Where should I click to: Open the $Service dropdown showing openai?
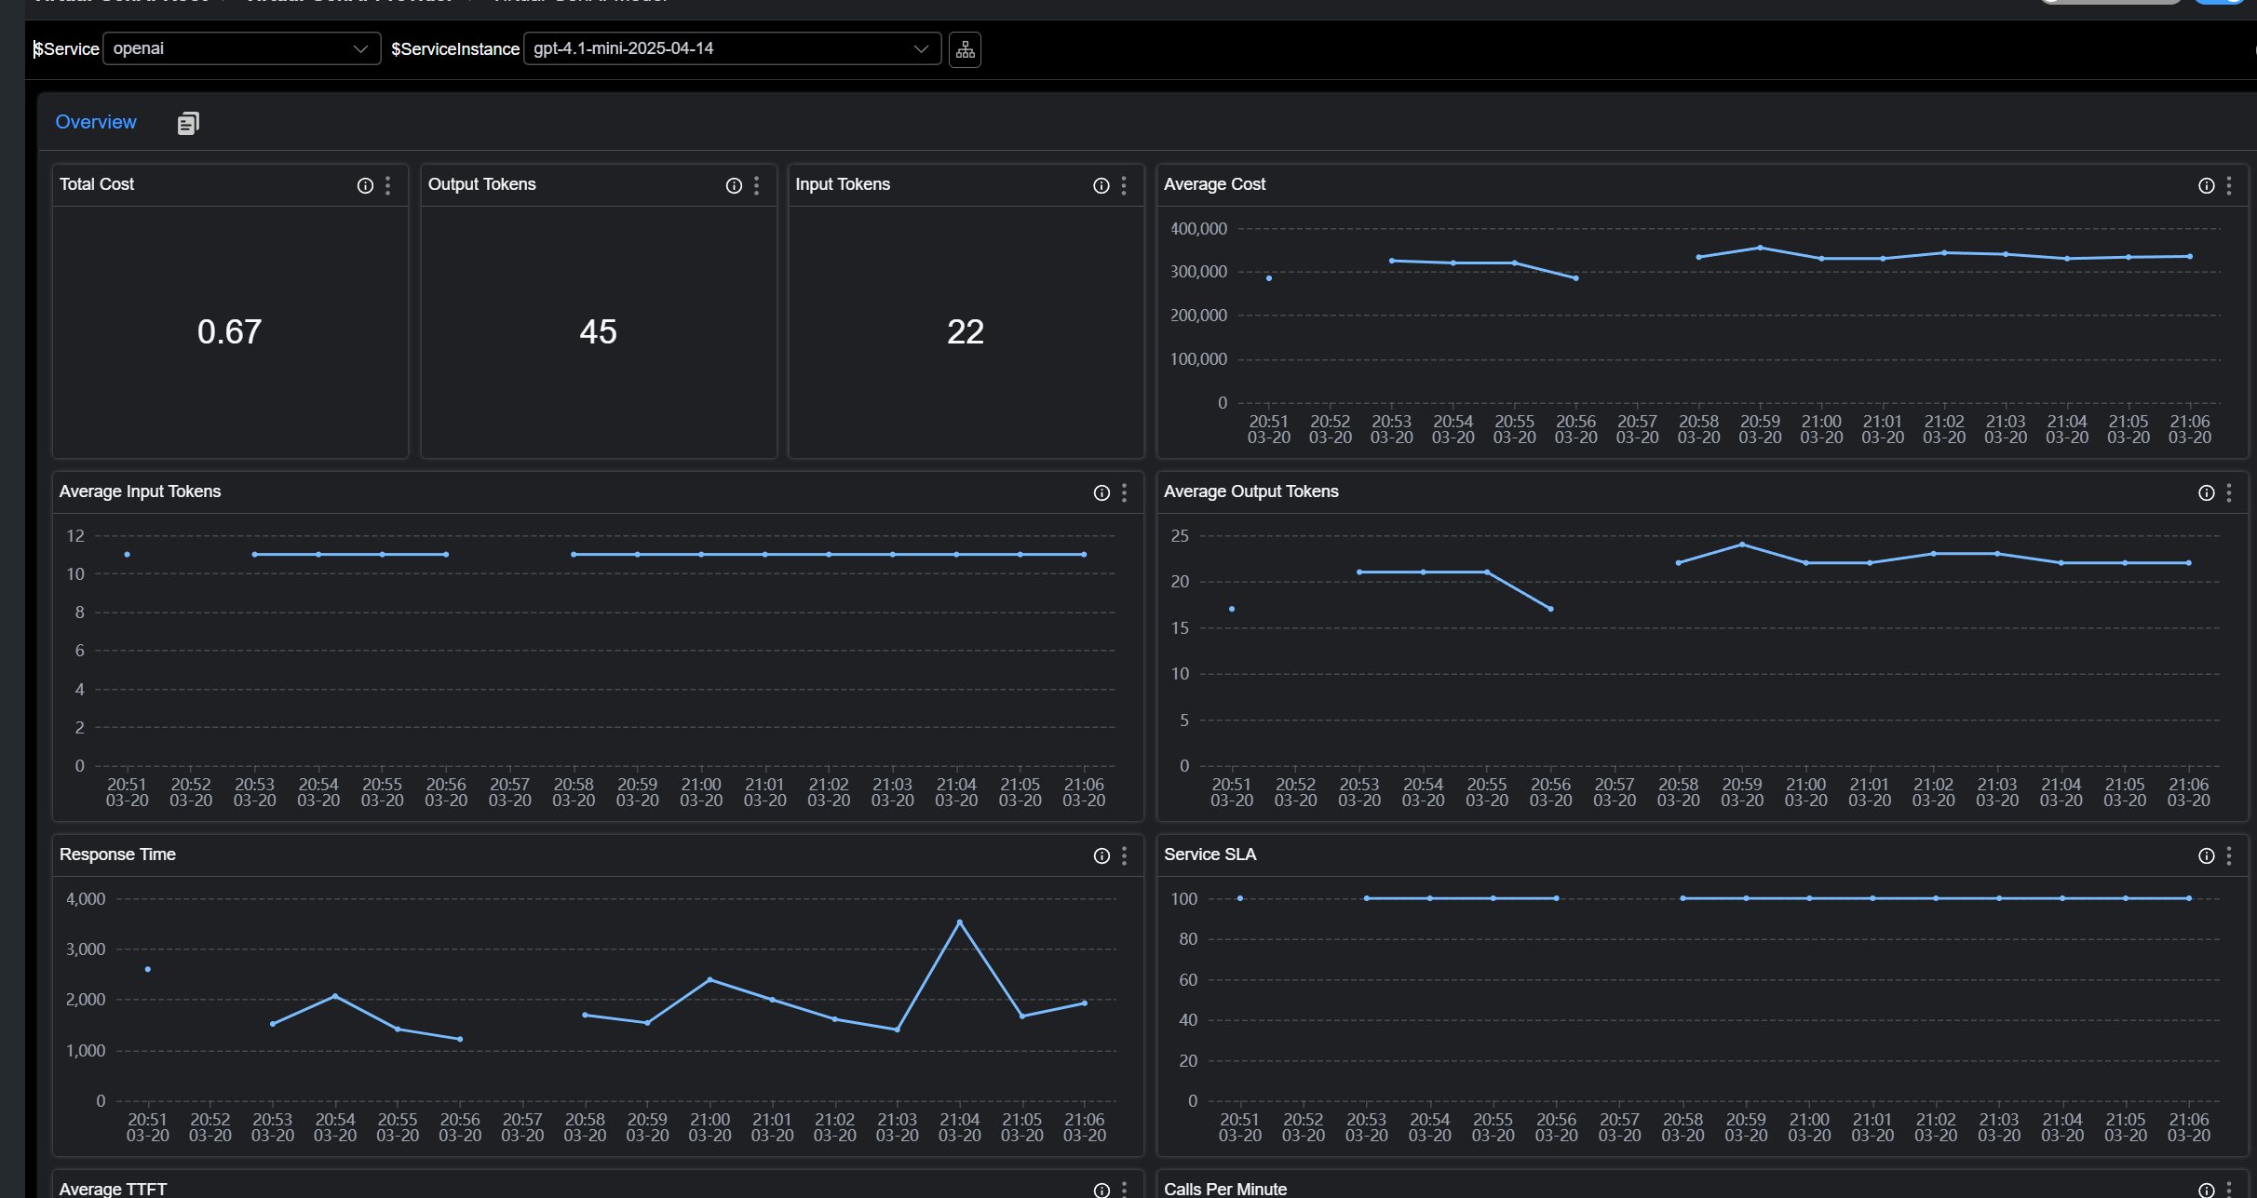click(x=240, y=48)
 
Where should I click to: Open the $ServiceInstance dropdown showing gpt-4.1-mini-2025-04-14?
click(x=731, y=48)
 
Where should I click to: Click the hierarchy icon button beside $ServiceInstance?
click(x=965, y=49)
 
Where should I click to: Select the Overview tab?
click(x=96, y=122)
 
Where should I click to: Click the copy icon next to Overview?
click(x=187, y=123)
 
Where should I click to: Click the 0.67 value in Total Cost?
click(x=229, y=332)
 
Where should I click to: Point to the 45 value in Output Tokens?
click(x=598, y=332)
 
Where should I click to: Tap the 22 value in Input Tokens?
click(x=965, y=332)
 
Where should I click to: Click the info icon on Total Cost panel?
click(x=365, y=186)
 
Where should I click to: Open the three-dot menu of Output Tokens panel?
click(x=756, y=186)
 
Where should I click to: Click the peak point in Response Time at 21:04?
click(x=959, y=922)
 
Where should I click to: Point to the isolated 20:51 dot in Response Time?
click(x=148, y=969)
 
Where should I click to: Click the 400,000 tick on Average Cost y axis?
click(x=1198, y=229)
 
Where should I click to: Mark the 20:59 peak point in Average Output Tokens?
click(x=1741, y=545)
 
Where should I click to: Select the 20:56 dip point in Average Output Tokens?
click(x=1550, y=609)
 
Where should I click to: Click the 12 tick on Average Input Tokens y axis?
click(x=75, y=536)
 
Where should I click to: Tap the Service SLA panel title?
click(x=1210, y=855)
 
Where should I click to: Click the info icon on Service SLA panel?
click(x=2206, y=856)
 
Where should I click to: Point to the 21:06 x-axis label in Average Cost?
click(x=2189, y=429)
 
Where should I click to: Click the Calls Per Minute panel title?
click(x=1224, y=1189)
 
